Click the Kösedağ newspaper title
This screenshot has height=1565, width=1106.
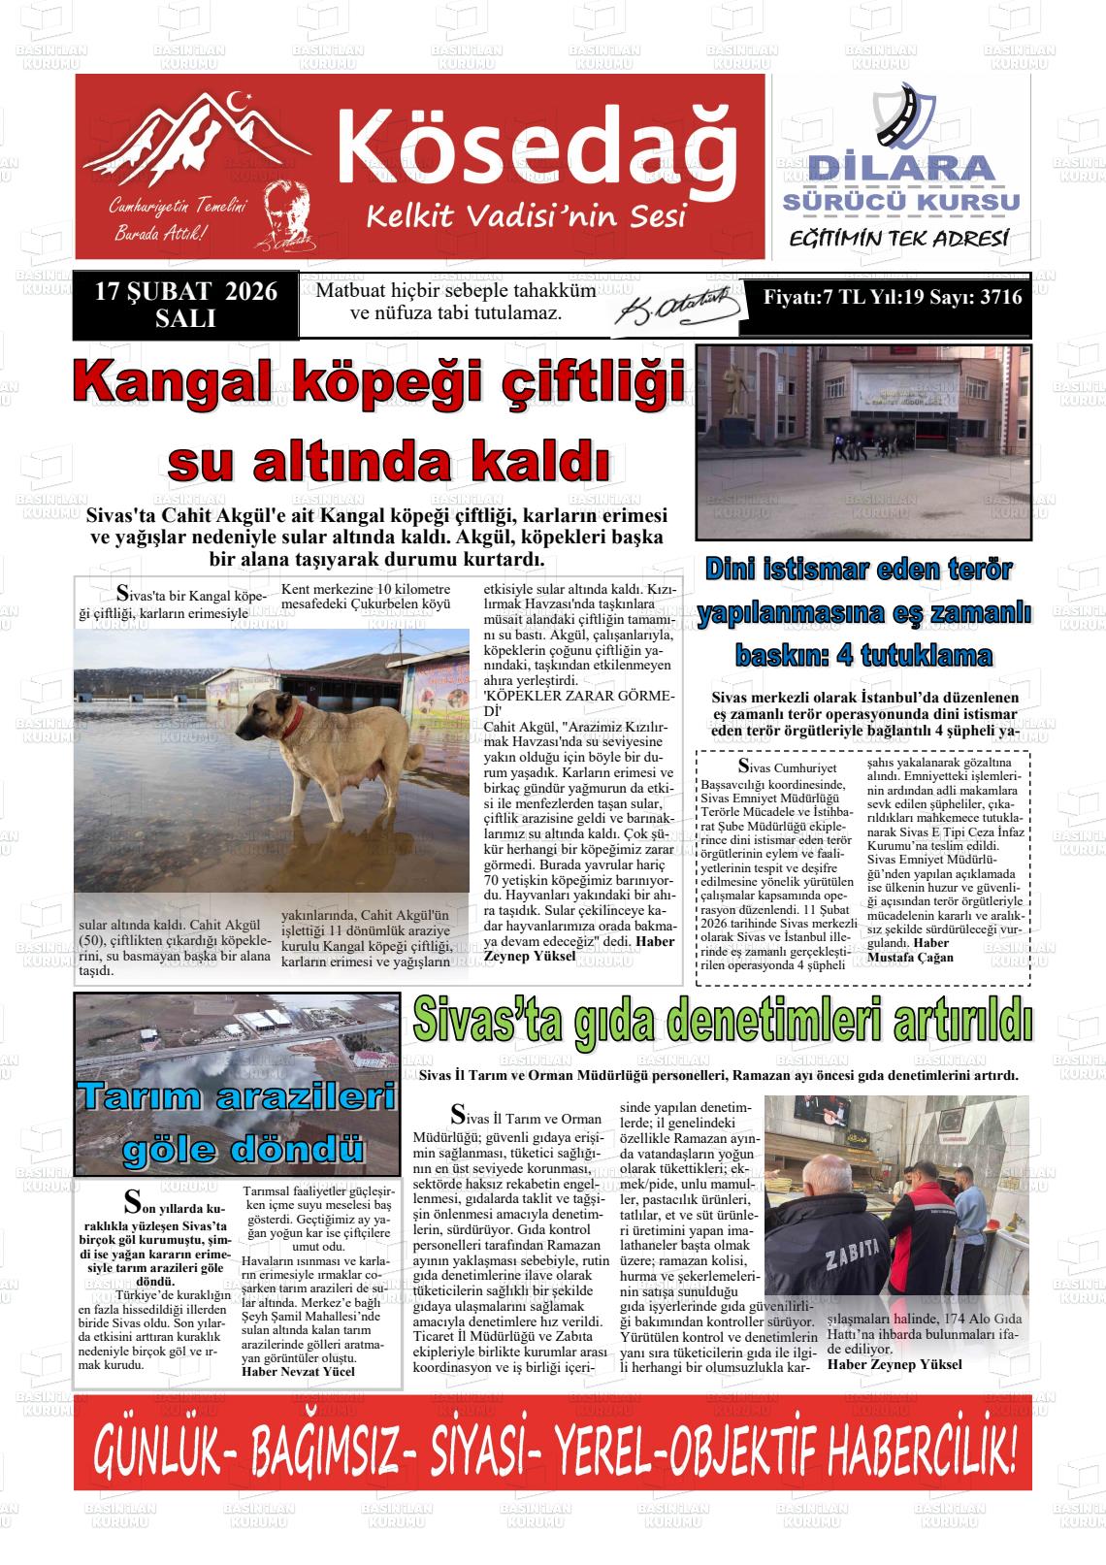[x=537, y=146]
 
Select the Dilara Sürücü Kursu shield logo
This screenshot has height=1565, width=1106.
[x=903, y=117]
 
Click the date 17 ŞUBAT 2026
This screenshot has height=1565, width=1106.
[x=185, y=292]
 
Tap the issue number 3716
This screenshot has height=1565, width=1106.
[x=1000, y=298]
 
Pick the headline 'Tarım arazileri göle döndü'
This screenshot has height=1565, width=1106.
[x=237, y=1123]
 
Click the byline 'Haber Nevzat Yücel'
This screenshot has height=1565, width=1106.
[x=298, y=1371]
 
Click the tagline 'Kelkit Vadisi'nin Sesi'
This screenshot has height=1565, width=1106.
[x=526, y=215]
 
